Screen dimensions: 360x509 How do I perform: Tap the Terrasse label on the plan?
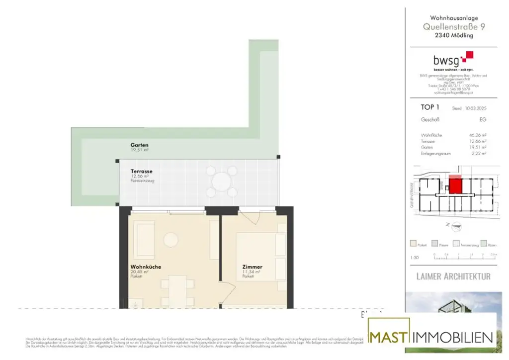[141, 172]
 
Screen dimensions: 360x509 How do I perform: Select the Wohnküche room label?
[146, 267]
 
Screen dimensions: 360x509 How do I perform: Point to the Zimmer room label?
[252, 267]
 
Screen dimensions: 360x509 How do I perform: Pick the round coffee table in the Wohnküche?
[170, 240]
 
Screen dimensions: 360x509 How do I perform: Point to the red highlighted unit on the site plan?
[455, 186]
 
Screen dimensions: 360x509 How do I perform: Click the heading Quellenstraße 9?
[454, 27]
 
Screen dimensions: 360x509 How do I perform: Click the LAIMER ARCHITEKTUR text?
[453, 276]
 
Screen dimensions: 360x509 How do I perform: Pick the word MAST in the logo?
[389, 337]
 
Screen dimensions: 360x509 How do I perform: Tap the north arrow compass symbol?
[454, 226]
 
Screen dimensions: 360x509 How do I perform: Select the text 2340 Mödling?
[454, 35]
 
